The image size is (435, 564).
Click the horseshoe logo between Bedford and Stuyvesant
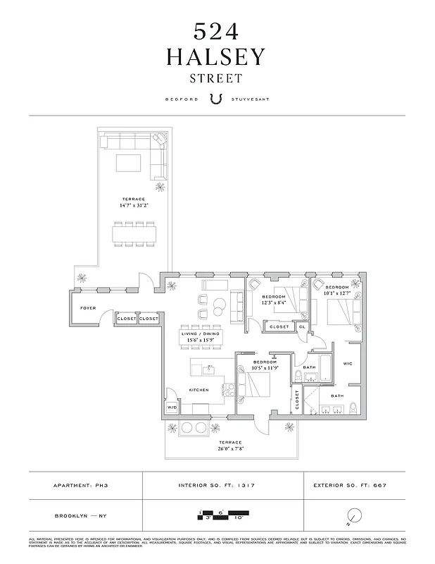point(217,99)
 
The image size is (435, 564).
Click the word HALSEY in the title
point(215,57)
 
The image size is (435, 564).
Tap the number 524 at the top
point(216,31)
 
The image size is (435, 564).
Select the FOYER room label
point(87,308)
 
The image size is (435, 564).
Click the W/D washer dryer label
point(172,408)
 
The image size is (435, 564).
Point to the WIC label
point(347,364)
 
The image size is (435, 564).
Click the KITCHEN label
point(199,390)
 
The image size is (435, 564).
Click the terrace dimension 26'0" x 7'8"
point(232,448)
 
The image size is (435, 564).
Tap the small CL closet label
point(302,327)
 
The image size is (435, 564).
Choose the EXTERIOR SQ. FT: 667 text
point(350,486)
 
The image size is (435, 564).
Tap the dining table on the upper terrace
point(133,233)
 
